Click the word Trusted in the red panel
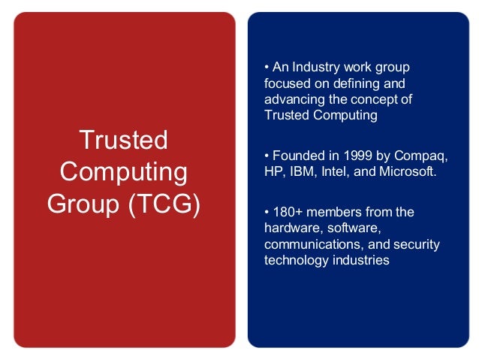123,140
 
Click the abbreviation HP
273,173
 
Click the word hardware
290,228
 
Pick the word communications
310,245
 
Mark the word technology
296,261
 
